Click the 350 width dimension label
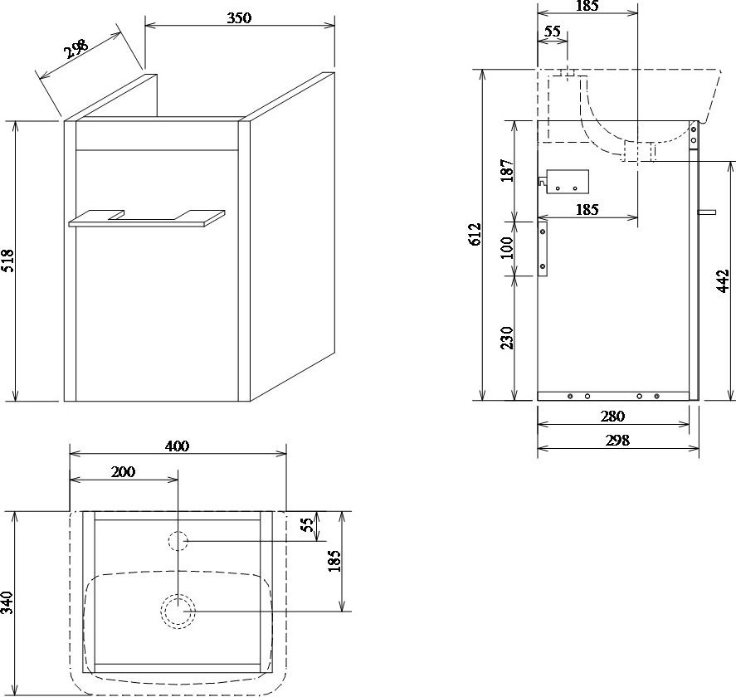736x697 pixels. [x=239, y=17]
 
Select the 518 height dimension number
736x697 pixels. [x=9, y=261]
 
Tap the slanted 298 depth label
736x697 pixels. [x=76, y=48]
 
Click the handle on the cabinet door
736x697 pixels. [x=147, y=218]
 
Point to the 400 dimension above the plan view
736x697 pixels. [x=178, y=446]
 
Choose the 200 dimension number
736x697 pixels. [x=123, y=471]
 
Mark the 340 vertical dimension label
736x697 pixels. [x=8, y=602]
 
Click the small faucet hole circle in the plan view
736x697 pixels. [x=178, y=541]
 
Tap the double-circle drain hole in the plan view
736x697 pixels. [x=178, y=611]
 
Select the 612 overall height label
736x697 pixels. [x=475, y=234]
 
